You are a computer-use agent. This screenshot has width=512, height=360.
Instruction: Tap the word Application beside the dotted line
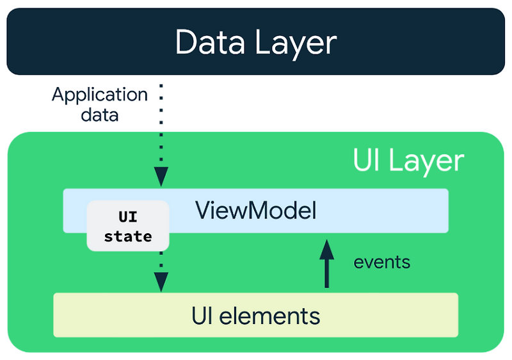(100, 95)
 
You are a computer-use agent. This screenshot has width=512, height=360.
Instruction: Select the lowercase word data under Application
(99, 115)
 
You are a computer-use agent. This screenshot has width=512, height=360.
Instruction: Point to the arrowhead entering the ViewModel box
(161, 176)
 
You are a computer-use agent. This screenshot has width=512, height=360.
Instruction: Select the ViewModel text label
(255, 210)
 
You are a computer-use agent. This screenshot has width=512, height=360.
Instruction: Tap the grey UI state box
(128, 225)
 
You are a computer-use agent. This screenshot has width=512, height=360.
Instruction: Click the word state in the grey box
(128, 236)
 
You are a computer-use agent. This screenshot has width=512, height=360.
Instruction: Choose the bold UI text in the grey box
(128, 217)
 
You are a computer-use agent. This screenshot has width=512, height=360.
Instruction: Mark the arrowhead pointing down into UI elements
(161, 281)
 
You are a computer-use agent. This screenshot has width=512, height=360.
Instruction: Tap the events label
(382, 262)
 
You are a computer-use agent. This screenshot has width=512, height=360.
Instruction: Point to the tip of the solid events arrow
(327, 241)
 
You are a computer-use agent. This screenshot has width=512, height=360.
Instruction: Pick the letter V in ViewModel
(202, 210)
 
